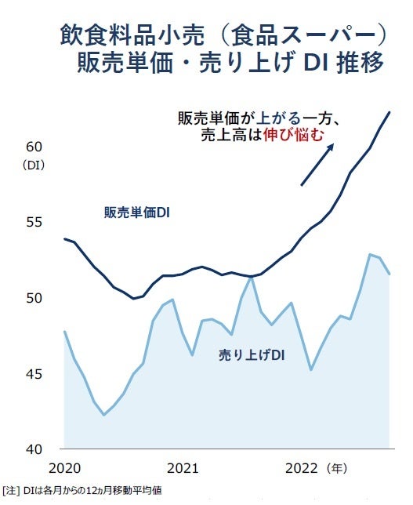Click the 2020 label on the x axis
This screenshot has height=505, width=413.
[x=64, y=468]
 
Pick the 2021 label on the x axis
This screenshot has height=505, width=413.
[x=183, y=468]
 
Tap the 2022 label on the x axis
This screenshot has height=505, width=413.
[x=302, y=468]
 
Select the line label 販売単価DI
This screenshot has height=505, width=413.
[x=137, y=213]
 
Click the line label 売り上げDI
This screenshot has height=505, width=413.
[x=251, y=355]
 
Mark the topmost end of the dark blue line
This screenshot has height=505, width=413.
[x=389, y=112]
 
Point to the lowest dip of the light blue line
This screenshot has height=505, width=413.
[x=103, y=415]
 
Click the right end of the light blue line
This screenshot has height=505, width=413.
[x=389, y=274]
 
